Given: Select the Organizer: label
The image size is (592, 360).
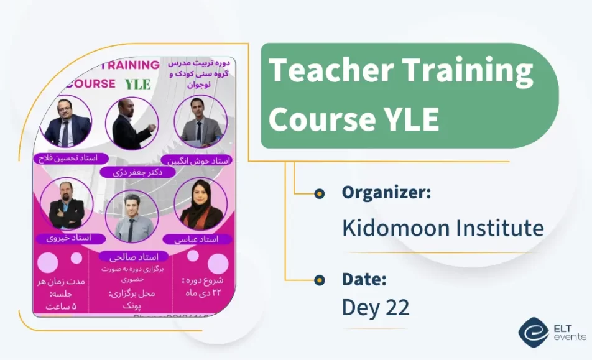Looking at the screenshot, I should click(386, 193).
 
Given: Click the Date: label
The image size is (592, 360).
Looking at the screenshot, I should click(364, 279).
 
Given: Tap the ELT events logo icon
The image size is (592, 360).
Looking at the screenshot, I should click(533, 333).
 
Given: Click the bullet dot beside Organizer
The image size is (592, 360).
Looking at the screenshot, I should click(319, 193).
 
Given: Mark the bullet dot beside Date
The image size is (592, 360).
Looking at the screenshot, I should click(319, 280).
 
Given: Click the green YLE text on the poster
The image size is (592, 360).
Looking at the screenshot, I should click(137, 84).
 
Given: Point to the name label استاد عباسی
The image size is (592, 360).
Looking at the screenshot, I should click(198, 239).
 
